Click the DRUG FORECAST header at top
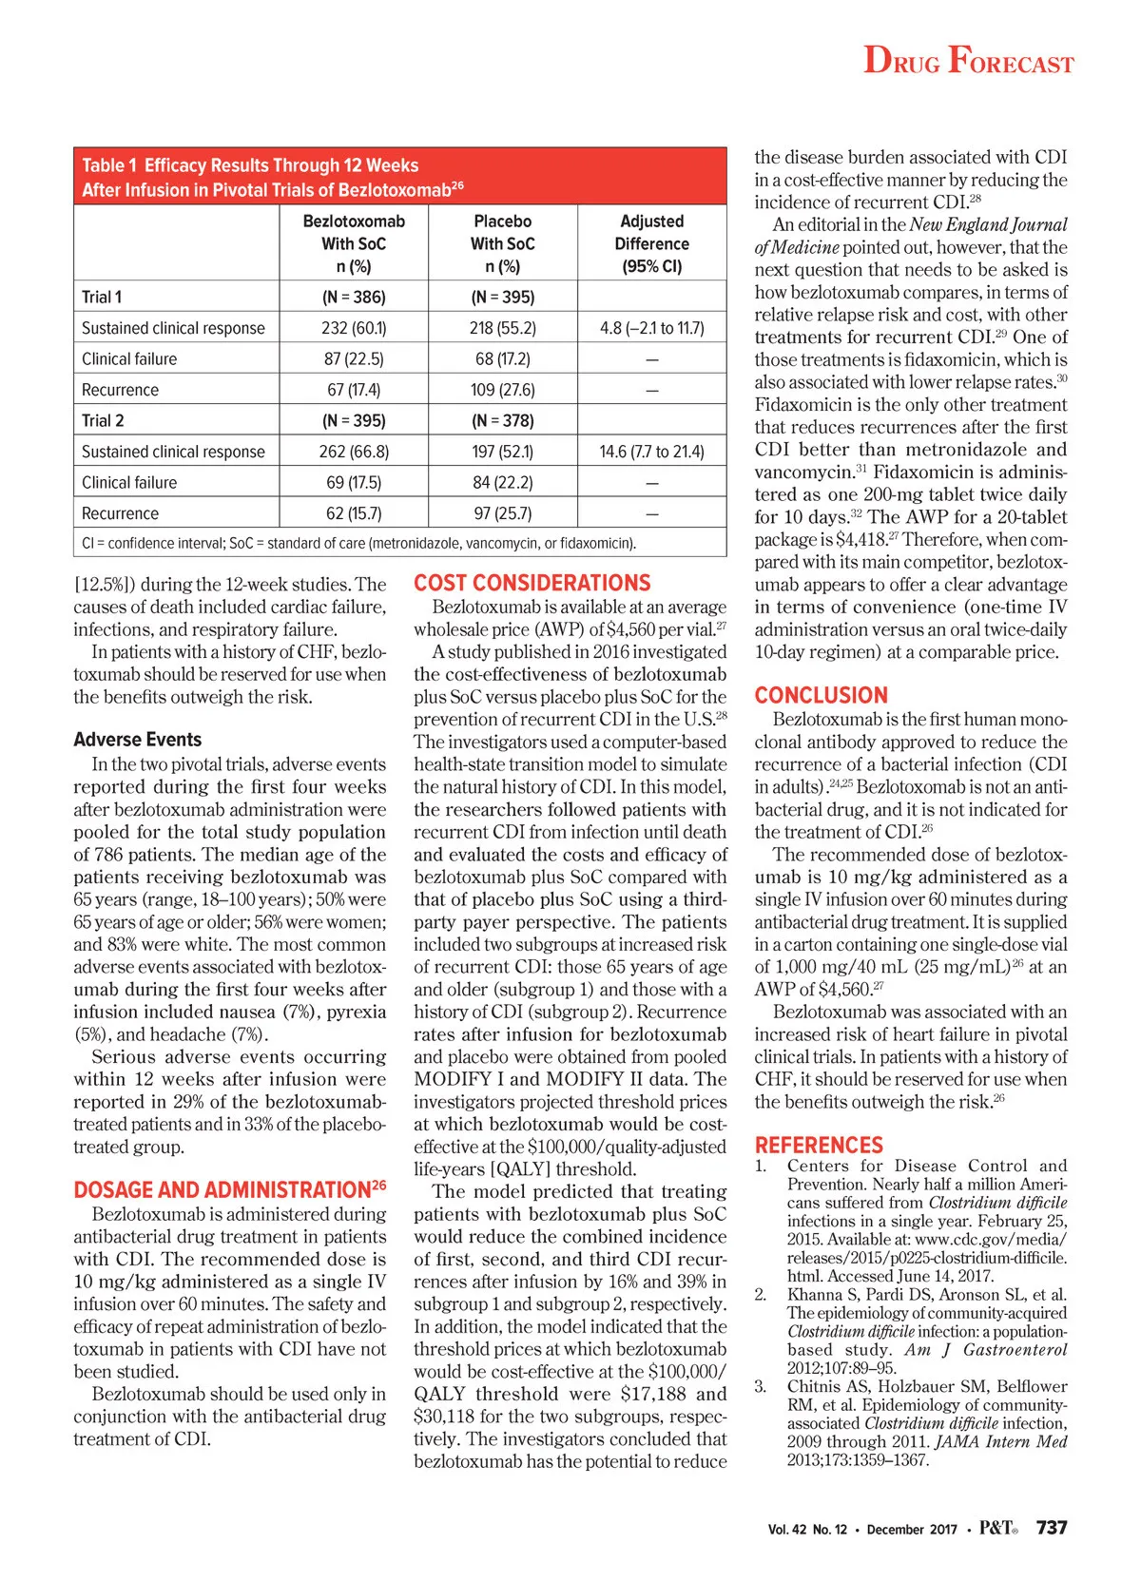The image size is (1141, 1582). coord(968,61)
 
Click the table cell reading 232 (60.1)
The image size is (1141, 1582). coord(354,328)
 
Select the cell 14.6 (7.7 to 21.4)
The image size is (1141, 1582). coord(651,452)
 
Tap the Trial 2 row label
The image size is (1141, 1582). coord(103,420)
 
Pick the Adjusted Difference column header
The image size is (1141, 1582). coord(651,243)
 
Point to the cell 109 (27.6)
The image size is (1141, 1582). coord(502,390)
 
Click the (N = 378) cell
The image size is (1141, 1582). coord(502,420)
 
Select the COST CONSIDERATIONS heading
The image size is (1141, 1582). coord(532,583)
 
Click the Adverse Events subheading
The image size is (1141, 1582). coord(137,739)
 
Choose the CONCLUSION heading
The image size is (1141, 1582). coord(821,695)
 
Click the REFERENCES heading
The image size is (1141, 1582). coord(819,1145)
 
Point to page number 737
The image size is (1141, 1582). coord(1052,1527)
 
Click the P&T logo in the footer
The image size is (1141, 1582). coord(997,1528)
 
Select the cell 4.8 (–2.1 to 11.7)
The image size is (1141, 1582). coord(651,328)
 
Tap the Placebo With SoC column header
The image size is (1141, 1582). coord(502,243)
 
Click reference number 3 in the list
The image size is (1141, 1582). coord(761,1386)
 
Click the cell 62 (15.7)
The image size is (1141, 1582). coord(354,513)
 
